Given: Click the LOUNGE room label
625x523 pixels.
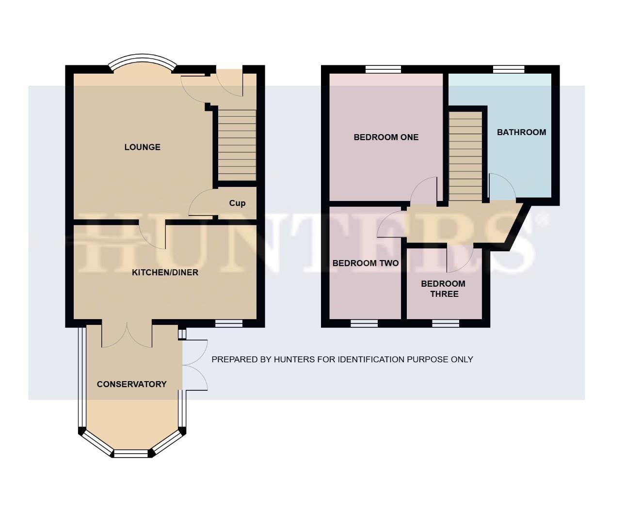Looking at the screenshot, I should pyautogui.click(x=142, y=147).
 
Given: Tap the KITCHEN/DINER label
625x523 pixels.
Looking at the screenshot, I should pyautogui.click(x=165, y=273).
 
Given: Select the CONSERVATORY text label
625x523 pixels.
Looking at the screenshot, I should pyautogui.click(x=131, y=384).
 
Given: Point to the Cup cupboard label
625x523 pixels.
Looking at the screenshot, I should pyautogui.click(x=237, y=203).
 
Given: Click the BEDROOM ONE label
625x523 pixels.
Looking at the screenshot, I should pyautogui.click(x=386, y=137).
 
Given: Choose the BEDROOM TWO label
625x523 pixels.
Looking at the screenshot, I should pyautogui.click(x=365, y=263).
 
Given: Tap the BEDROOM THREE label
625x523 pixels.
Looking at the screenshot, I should pyautogui.click(x=443, y=289).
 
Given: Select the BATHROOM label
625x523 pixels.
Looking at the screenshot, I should pyautogui.click(x=521, y=132).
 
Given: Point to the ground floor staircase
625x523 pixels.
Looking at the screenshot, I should pyautogui.click(x=236, y=145).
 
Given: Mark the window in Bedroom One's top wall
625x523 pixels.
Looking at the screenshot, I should pyautogui.click(x=383, y=69).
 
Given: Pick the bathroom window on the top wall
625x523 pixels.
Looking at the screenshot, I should pyautogui.click(x=509, y=69).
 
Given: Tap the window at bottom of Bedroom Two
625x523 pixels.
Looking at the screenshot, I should pyautogui.click(x=364, y=323).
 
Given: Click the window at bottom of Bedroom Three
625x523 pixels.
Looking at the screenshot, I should pyautogui.click(x=445, y=323).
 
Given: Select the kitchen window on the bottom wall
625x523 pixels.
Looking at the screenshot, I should pyautogui.click(x=229, y=323).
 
